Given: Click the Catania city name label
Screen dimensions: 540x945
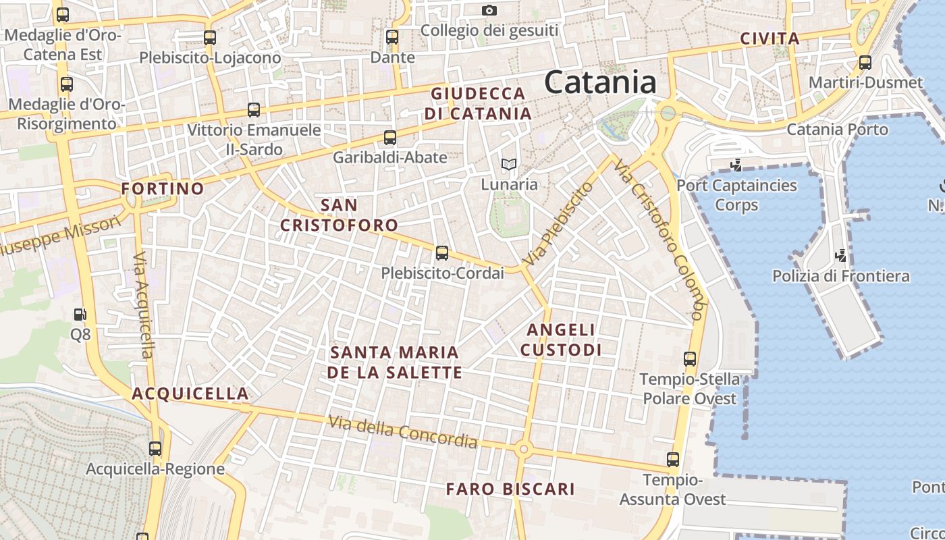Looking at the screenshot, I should [600, 82].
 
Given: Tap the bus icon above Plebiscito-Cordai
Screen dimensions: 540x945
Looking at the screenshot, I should [442, 253].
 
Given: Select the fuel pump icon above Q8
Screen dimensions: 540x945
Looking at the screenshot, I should [80, 314].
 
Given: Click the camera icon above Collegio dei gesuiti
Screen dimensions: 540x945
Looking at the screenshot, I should [489, 10].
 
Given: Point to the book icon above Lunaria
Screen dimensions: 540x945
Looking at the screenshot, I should [508, 164].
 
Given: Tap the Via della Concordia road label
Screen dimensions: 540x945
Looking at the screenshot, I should [403, 432].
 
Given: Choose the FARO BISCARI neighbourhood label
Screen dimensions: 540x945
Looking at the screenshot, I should [510, 489].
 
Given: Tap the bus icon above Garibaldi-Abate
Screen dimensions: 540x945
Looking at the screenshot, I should [389, 138].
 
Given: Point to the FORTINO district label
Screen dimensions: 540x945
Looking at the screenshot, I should [163, 188].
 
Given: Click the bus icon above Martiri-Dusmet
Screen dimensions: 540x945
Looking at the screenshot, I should [865, 63].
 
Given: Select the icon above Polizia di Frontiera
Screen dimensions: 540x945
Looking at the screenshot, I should [840, 255].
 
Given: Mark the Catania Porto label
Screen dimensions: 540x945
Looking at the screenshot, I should [837, 129].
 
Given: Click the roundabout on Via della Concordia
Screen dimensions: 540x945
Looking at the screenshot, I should [522, 448].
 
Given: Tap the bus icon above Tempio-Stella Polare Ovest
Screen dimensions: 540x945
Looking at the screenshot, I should [689, 359].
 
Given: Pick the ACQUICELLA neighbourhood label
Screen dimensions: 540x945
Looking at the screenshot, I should [190, 394].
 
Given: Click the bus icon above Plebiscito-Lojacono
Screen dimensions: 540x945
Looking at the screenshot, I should [210, 38].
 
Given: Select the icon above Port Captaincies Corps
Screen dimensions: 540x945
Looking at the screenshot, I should [736, 164].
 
